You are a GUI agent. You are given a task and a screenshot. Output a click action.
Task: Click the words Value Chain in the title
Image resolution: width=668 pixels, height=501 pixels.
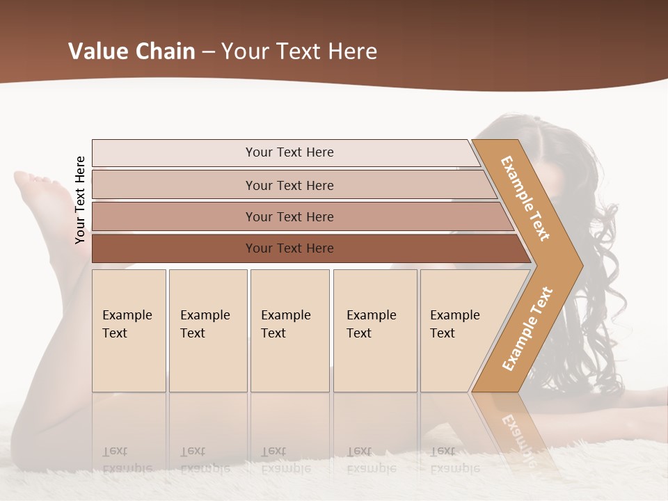[132, 51]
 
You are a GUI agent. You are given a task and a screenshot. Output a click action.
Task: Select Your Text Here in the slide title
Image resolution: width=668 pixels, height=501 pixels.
[299, 51]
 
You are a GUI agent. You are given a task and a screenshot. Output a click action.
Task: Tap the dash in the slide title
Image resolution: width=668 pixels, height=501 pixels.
[208, 52]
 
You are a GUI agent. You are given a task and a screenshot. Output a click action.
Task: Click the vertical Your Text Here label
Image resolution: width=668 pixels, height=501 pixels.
[80, 200]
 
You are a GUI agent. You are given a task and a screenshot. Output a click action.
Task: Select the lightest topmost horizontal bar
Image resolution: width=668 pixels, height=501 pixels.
[289, 152]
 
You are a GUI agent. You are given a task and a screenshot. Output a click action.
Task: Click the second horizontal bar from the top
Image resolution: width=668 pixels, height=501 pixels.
[289, 185]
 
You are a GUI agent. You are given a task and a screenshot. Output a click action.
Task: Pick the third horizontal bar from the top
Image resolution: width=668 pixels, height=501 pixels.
[289, 216]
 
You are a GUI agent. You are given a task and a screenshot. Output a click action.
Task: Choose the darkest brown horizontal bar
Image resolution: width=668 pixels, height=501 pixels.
[289, 248]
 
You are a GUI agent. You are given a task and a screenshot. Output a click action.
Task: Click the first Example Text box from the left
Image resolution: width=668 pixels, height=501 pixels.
[129, 331]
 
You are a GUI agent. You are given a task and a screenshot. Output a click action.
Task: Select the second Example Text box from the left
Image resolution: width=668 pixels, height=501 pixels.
[208, 331]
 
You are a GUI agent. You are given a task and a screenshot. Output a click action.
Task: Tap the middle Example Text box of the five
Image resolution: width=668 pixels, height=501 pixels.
[289, 331]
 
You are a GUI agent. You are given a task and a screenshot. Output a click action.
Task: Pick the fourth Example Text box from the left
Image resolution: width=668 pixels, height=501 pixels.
[375, 331]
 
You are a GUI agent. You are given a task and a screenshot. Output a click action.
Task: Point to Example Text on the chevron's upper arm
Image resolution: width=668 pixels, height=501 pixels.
[525, 198]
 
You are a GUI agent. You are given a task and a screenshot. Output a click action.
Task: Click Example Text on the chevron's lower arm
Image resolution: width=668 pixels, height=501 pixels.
[527, 328]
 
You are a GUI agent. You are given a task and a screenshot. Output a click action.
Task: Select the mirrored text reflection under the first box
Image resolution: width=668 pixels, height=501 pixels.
[127, 460]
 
